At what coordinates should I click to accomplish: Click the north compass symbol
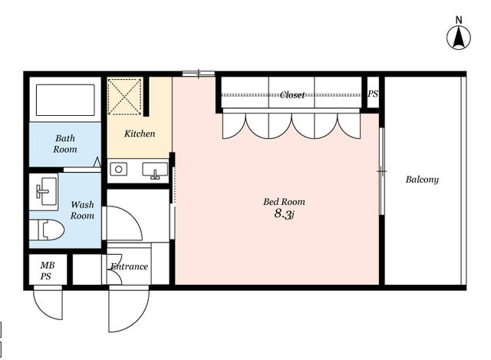click(459, 38)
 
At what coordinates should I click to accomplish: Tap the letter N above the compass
click(459, 21)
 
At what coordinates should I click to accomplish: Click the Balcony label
click(422, 180)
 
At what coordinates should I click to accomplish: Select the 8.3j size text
click(285, 214)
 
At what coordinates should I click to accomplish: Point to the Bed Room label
click(284, 201)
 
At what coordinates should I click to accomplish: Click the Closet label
click(292, 95)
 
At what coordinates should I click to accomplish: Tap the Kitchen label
click(140, 134)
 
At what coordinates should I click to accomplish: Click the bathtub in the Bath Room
click(65, 100)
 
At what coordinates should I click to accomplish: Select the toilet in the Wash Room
click(47, 230)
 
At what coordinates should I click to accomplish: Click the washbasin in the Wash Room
click(44, 191)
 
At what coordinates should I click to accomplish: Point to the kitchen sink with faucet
click(155, 170)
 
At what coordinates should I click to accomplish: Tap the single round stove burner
click(118, 169)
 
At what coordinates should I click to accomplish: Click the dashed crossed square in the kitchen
click(124, 97)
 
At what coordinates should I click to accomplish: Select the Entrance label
click(129, 266)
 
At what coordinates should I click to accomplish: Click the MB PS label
click(47, 271)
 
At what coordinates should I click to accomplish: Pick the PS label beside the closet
click(373, 94)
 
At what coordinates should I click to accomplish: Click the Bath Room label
click(65, 144)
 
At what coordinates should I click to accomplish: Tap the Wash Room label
click(82, 210)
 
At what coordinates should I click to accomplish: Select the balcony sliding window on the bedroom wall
click(381, 171)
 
